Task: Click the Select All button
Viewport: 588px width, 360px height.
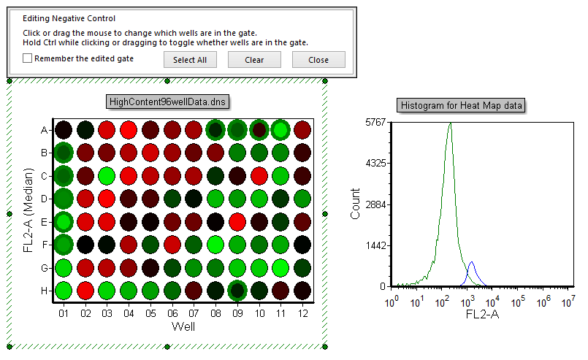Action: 190,60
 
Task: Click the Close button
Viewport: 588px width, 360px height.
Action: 318,60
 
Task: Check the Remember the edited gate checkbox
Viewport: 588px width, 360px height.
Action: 28,58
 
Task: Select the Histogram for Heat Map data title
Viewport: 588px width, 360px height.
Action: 461,106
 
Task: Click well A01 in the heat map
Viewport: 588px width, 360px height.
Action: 64,130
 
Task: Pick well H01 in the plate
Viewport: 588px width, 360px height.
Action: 64,291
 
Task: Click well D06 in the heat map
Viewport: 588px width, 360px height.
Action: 172,199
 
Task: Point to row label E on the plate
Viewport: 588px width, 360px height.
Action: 45,222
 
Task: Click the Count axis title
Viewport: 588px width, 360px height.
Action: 355,204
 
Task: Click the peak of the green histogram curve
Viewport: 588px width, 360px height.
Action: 450,123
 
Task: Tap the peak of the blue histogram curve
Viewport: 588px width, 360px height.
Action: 472,262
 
